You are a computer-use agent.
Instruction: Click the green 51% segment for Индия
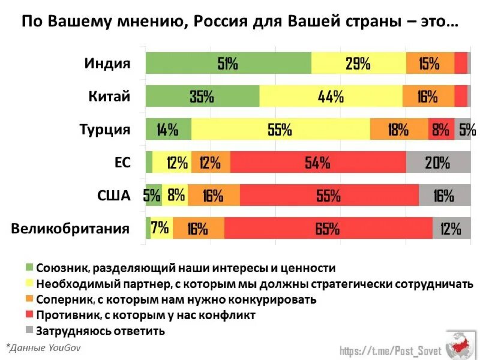[x=228, y=63]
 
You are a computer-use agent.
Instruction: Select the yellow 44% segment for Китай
[x=331, y=96]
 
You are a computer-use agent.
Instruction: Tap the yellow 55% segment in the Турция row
[x=280, y=130]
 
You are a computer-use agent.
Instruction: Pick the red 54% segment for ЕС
[x=318, y=163]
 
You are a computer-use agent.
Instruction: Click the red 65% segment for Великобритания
[x=328, y=229]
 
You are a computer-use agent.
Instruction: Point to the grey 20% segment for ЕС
[x=438, y=163]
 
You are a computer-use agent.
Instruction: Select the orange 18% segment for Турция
[x=398, y=130]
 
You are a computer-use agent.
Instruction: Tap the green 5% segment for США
[x=154, y=195]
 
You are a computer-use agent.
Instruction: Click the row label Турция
[x=105, y=130]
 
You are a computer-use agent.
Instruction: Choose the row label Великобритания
[x=70, y=229]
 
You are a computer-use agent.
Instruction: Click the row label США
[x=113, y=195]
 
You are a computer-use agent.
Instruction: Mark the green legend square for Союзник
[x=29, y=268]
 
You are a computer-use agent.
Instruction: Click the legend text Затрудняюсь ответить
[x=100, y=330]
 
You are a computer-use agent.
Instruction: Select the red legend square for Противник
[x=29, y=314]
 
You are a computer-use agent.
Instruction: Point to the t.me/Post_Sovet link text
[x=391, y=350]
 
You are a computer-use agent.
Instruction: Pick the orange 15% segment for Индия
[x=430, y=63]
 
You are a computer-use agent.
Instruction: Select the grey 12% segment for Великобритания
[x=451, y=229]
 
